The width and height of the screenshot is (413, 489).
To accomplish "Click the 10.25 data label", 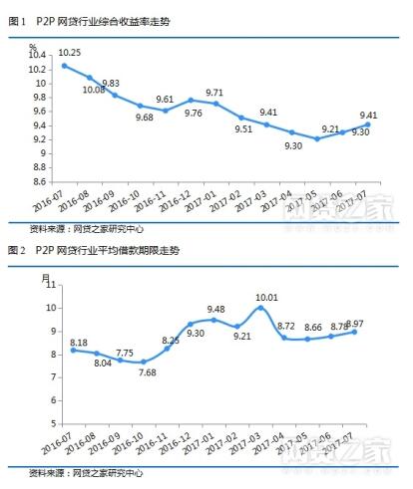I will (x=69, y=52).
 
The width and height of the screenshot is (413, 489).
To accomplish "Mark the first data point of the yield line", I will (x=65, y=66).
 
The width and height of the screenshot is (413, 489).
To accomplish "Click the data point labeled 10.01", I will (x=261, y=308).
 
